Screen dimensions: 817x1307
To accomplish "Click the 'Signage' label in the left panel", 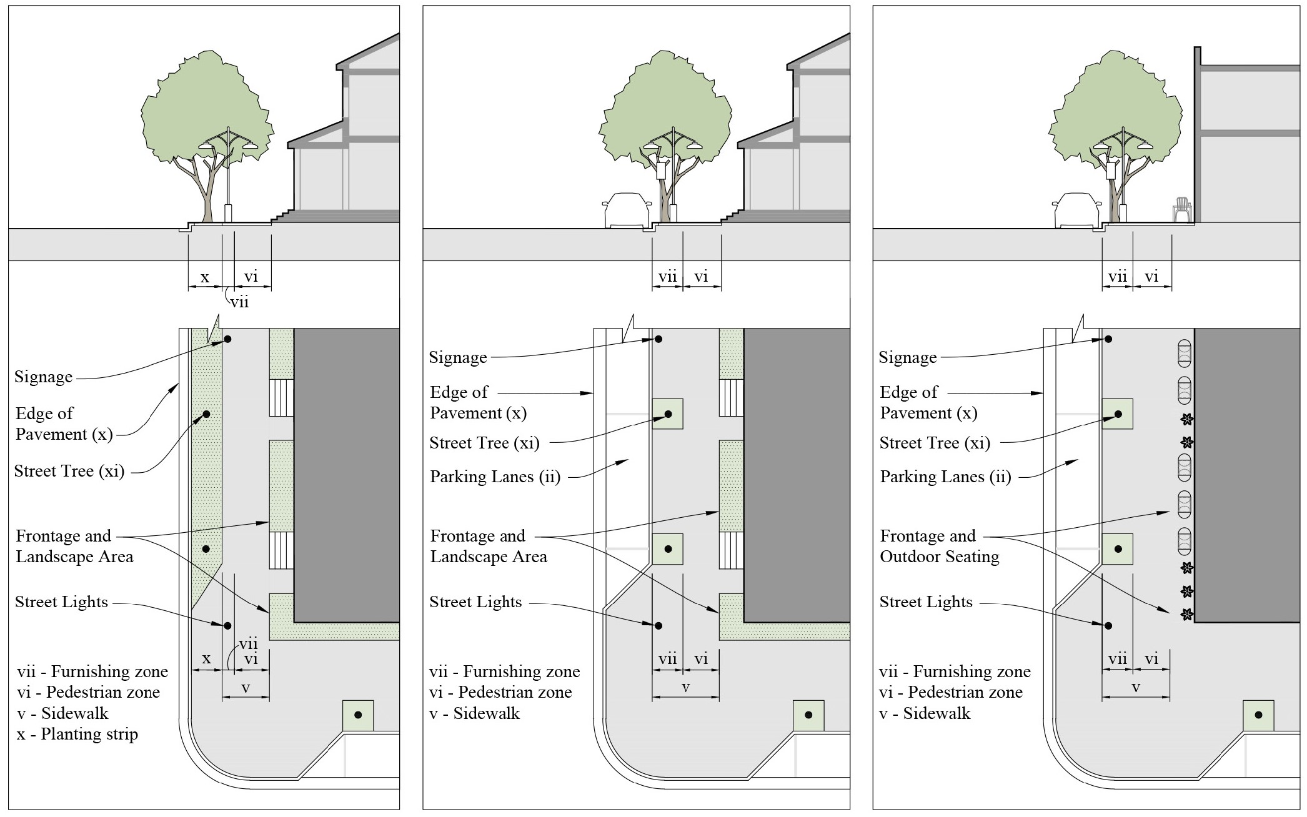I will pos(43,377).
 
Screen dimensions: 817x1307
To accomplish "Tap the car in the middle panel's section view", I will pos(627,210).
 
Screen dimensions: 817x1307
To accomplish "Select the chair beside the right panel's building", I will pos(1182,209).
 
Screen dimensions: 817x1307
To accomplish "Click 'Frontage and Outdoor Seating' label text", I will pos(939,547).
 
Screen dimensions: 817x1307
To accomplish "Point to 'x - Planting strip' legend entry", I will pos(77,735).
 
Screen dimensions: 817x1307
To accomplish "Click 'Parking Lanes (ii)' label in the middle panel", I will pos(495,477).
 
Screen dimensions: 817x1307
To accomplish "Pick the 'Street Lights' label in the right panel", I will pos(926,602).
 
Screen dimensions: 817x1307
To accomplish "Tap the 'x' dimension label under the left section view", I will pos(204,277).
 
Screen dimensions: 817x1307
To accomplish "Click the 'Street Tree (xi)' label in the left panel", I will pos(69,472).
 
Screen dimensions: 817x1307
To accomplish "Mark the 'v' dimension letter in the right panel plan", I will pos(1136,688).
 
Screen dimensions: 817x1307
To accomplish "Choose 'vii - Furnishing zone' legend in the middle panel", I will pos(504,672).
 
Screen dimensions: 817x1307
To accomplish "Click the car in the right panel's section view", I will pos(1076,210).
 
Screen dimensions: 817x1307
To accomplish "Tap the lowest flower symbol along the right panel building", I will pos(1186,615).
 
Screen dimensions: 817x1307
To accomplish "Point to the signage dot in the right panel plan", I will pos(1108,339).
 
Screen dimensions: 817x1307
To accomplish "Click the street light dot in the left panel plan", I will pos(227,626).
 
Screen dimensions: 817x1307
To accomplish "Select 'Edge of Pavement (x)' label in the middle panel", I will pos(478,403).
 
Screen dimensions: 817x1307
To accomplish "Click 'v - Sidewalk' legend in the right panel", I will pos(925,714).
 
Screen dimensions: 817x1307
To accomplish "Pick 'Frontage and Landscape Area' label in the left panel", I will pos(74,547).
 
